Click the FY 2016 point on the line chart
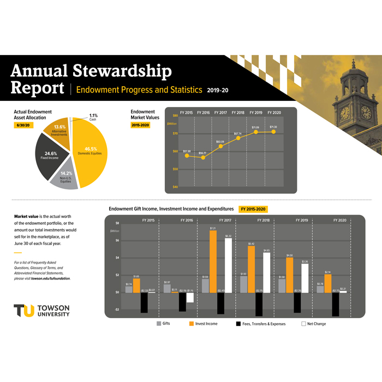203,158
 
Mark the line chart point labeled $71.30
273,132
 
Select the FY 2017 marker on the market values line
220,146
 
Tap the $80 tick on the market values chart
176,115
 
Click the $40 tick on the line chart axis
176,187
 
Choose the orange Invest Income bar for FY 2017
213,262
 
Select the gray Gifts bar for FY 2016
167,289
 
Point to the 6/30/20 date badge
23,126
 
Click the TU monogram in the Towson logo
25,310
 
